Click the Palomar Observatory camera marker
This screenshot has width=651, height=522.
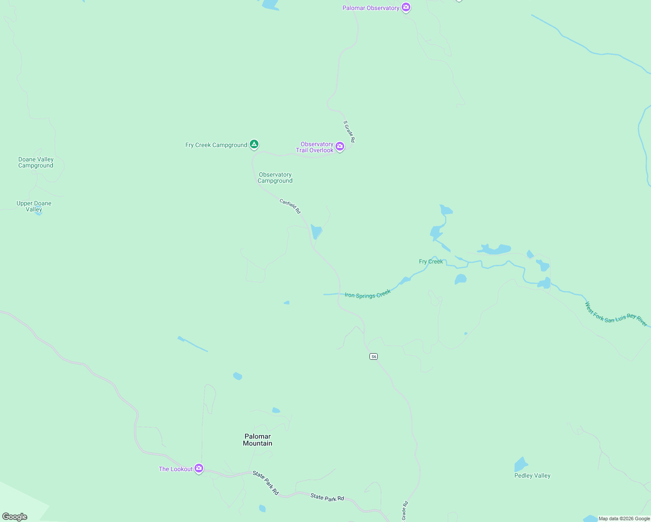point(406,7)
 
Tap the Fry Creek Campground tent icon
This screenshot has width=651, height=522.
point(254,144)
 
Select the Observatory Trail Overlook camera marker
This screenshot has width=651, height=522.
point(340,147)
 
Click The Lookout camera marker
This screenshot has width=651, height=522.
point(199,468)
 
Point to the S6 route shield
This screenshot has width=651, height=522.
point(373,357)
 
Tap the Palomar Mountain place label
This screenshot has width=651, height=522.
point(258,440)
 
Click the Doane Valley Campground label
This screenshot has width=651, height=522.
point(36,163)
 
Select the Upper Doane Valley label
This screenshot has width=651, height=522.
point(34,206)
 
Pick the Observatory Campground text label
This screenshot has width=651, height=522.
point(275,178)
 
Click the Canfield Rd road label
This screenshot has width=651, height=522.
point(290,206)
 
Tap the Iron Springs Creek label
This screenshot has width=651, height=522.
point(368,294)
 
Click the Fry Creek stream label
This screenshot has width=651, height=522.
point(431,261)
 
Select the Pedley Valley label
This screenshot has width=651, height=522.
point(532,476)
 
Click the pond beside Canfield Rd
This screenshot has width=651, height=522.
point(316,232)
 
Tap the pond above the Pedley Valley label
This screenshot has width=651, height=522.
point(521,465)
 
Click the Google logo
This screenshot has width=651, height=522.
point(15,517)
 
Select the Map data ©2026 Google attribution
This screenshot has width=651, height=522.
point(624,519)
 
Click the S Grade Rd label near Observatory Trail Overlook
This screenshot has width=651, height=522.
point(349,131)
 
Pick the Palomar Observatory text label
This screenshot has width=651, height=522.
point(371,8)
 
